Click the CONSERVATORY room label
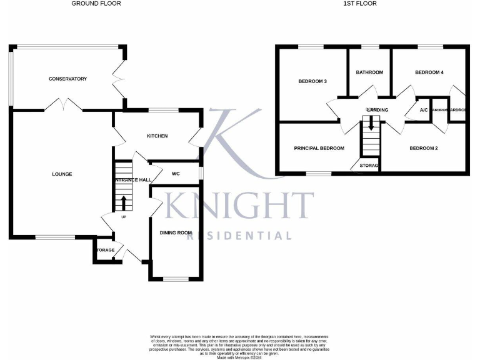coord(67,79)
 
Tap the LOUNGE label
coord(62,174)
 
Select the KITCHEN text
coord(157,136)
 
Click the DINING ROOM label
coord(176,232)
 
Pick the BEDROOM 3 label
coord(312,81)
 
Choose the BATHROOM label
coord(369,72)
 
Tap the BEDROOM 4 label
coord(429,72)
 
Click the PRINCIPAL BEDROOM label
coord(319,148)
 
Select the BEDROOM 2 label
coord(423,148)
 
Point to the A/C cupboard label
coord(424,110)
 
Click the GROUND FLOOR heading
coord(96,4)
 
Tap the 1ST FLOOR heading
coord(361,4)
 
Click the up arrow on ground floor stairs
coord(123,202)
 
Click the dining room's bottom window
coord(176,278)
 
